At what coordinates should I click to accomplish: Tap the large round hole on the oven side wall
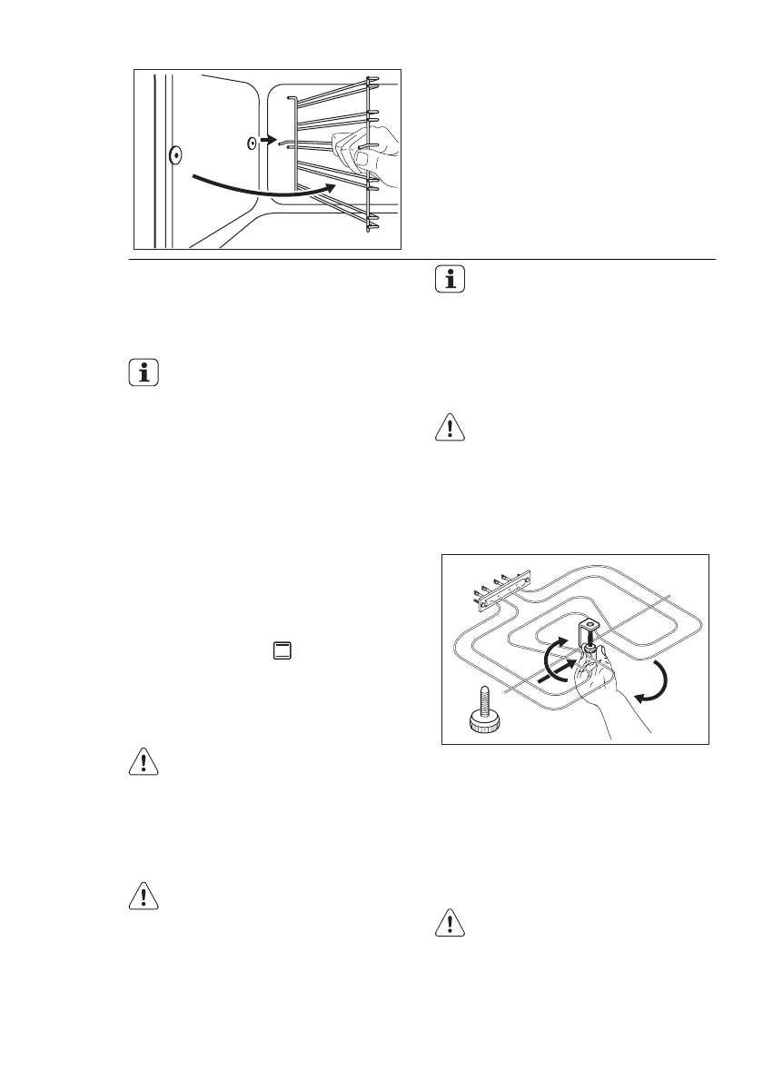tap(174, 155)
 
